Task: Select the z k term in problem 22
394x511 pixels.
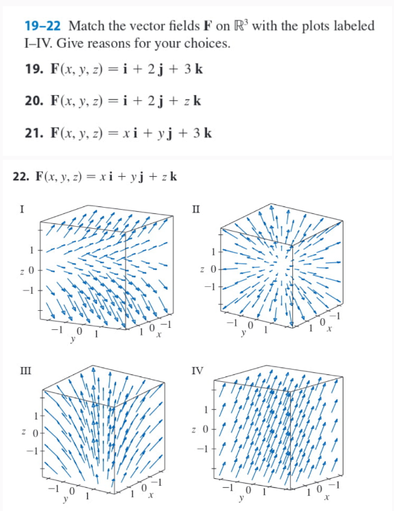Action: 170,176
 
